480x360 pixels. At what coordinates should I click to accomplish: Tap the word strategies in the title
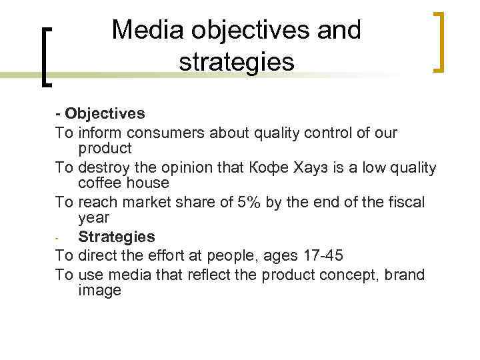(236, 61)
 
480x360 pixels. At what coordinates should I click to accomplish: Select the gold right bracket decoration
(438, 41)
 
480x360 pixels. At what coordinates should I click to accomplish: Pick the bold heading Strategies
(116, 237)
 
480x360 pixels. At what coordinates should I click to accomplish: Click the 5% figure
(250, 203)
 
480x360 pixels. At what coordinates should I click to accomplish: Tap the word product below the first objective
(105, 147)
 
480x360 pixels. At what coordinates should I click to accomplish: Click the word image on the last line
(99, 290)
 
